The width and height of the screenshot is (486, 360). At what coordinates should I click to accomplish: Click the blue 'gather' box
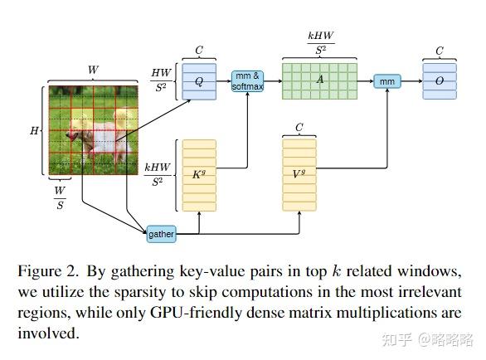[x=161, y=234]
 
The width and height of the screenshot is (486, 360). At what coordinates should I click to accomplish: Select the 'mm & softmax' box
[x=247, y=80]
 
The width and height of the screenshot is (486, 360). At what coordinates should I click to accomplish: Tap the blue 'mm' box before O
[x=386, y=80]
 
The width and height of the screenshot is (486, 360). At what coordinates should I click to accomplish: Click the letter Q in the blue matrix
[x=199, y=81]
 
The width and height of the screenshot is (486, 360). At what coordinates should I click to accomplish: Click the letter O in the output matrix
[x=440, y=81]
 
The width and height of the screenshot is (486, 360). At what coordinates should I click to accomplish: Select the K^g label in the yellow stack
[x=199, y=174]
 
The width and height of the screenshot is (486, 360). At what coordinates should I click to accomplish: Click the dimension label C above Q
[x=199, y=50]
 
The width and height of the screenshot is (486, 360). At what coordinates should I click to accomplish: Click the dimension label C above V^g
[x=299, y=127]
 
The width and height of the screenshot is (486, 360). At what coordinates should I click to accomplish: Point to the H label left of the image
[x=35, y=131]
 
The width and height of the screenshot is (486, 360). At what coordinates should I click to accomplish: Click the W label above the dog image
[x=92, y=71]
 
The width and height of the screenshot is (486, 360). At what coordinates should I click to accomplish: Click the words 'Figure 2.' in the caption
[x=46, y=272]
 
